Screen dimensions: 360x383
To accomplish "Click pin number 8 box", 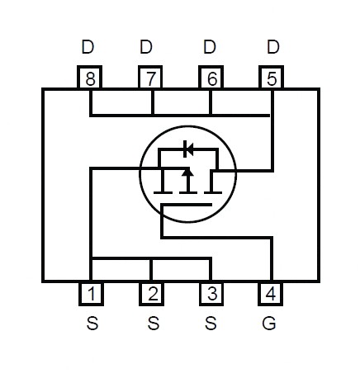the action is click(90, 78).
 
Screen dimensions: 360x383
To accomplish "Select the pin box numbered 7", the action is click(150, 78).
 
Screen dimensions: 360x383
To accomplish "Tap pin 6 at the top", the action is click(211, 78).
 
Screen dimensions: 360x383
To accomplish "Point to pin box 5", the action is click(272, 78).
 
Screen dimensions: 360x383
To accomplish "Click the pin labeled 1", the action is click(91, 294).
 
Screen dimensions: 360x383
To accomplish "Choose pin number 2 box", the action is click(152, 294).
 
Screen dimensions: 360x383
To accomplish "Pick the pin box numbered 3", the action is click(211, 294).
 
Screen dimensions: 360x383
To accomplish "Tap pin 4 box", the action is click(271, 294).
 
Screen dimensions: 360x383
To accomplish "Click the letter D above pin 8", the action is click(88, 47).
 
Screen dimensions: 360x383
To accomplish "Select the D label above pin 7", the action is click(146, 47).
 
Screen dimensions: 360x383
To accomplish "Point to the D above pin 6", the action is click(210, 47).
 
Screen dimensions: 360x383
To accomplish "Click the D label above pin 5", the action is click(273, 47).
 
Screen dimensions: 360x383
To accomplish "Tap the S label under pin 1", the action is click(92, 323).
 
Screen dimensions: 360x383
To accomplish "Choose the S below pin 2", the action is click(154, 323).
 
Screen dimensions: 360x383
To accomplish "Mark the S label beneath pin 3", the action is click(211, 323).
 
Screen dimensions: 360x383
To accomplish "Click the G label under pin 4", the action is click(269, 323).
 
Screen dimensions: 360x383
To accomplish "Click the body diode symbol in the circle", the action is click(188, 149).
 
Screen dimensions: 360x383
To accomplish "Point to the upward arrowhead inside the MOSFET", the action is click(188, 172).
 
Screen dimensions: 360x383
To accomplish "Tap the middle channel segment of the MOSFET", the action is click(188, 192).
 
